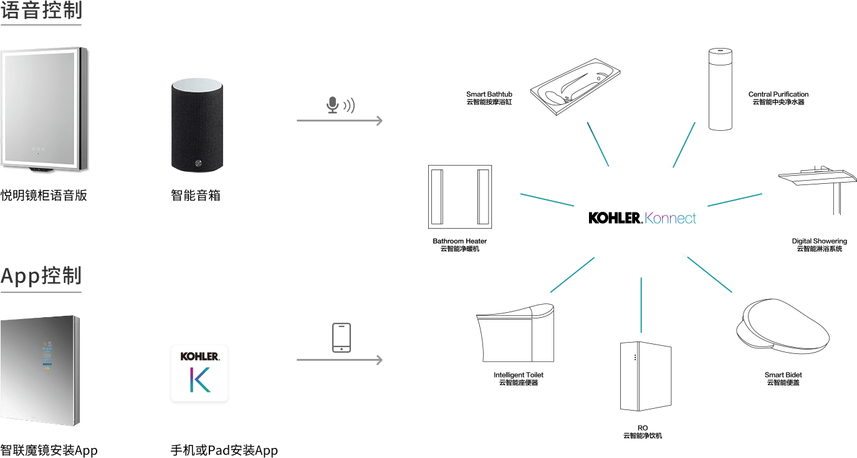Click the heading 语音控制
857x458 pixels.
point(41,11)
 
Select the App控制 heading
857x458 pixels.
point(41,276)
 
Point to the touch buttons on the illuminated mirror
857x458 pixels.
point(38,150)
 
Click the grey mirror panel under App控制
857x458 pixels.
point(41,371)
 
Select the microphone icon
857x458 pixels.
point(333,105)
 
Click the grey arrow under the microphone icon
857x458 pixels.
point(340,120)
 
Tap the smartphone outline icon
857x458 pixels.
point(341,337)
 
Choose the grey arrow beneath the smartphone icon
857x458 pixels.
point(340,360)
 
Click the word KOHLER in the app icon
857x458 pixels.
point(199,356)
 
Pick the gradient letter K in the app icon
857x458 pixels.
point(200,380)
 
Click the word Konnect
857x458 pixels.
point(671,219)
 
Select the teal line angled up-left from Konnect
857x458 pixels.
point(598,143)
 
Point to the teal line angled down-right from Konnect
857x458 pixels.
point(707,273)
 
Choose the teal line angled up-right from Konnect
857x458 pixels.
point(684,145)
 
